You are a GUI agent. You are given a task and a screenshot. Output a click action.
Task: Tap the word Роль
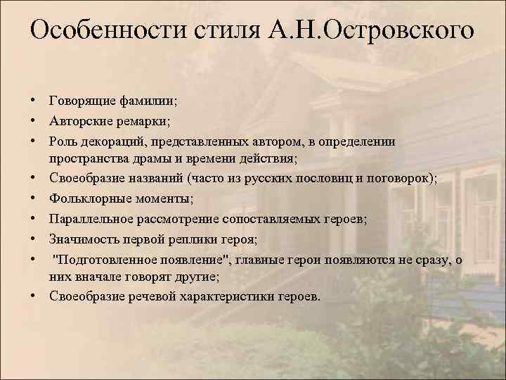[64, 141]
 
